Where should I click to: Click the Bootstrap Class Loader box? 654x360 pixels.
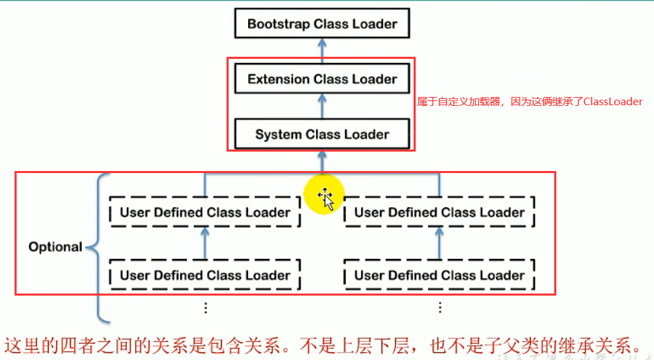[322, 24]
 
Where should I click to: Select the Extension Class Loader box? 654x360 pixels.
[322, 80]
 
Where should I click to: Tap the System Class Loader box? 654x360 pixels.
[322, 134]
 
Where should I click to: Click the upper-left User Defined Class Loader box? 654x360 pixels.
[205, 213]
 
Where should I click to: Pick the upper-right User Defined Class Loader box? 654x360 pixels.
[439, 213]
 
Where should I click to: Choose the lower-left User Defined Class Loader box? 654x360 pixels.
[205, 275]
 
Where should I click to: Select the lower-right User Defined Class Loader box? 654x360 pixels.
[439, 275]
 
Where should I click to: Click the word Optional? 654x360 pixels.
[55, 246]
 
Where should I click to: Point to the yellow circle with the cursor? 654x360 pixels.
[325, 196]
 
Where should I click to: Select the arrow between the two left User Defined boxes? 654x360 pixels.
[205, 243]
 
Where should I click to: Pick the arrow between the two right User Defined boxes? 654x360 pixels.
[439, 243]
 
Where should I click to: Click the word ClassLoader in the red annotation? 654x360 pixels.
[612, 102]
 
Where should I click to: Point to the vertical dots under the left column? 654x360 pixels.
[205, 307]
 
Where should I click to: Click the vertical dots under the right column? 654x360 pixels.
[439, 307]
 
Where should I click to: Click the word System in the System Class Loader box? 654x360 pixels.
[277, 134]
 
